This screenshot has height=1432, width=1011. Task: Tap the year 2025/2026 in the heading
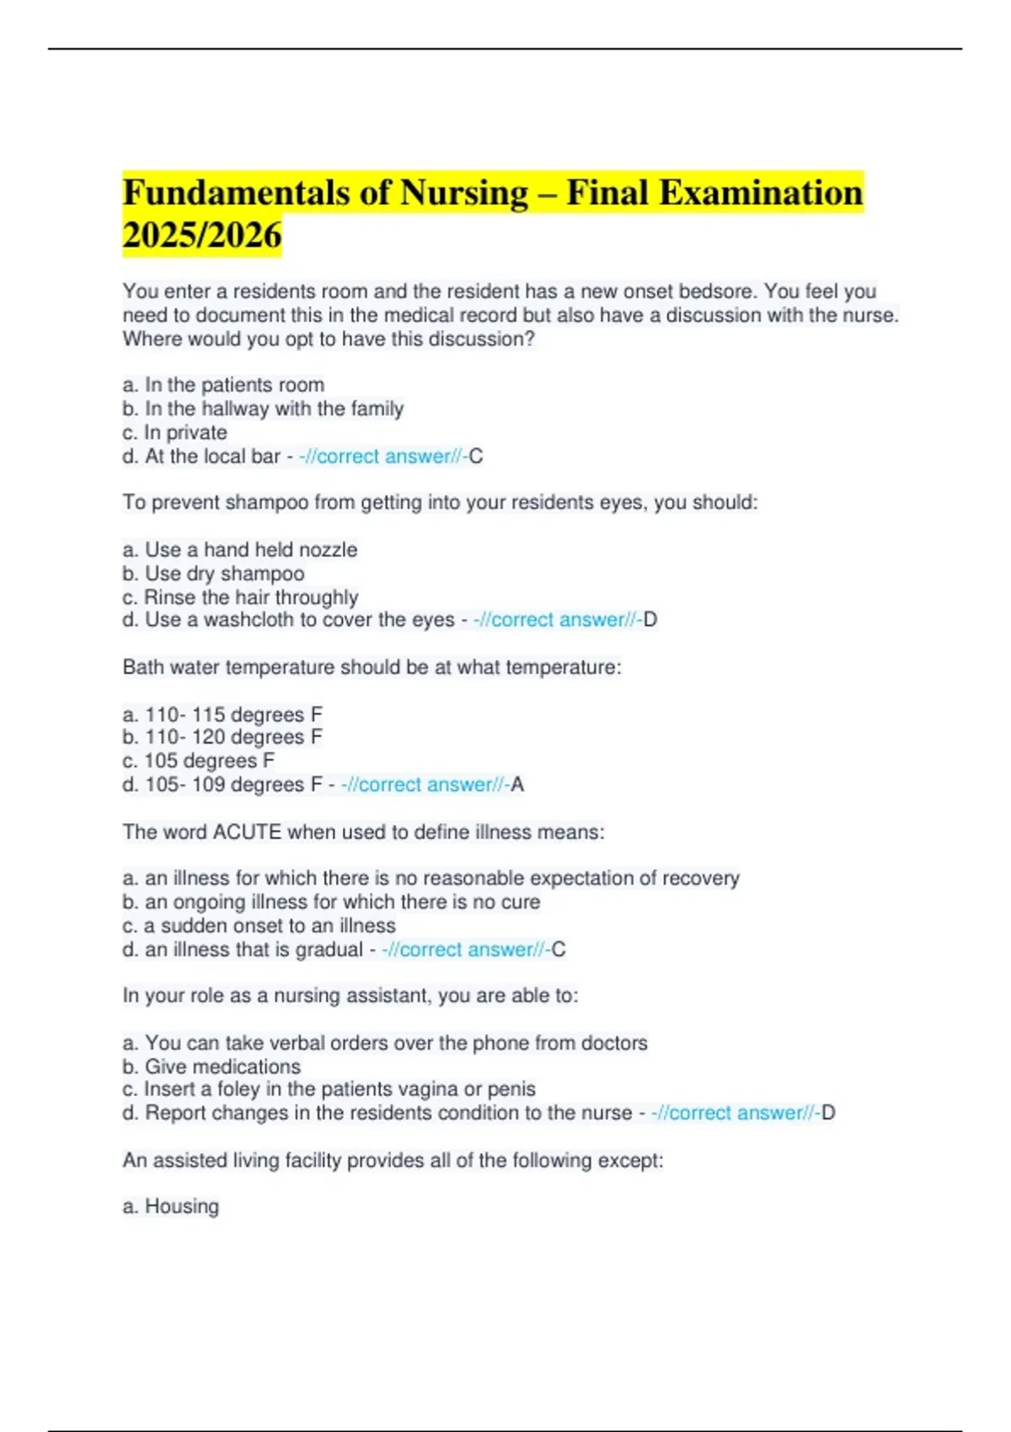click(x=202, y=236)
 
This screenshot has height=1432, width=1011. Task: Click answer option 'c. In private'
click(x=175, y=433)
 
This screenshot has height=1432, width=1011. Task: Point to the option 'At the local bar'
click(x=212, y=457)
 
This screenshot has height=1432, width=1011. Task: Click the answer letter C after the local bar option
click(x=476, y=457)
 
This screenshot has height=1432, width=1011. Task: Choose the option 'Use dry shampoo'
click(x=214, y=574)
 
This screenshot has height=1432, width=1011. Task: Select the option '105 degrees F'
click(x=199, y=761)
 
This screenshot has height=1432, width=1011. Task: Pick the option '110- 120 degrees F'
click(x=222, y=737)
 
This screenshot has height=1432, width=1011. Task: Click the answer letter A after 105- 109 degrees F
click(x=517, y=785)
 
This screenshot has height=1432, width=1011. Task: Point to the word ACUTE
click(x=247, y=832)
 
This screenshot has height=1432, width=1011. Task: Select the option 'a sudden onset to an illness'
click(x=259, y=926)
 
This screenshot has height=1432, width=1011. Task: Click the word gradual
click(x=329, y=949)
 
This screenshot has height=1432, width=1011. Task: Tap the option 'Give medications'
click(x=211, y=1066)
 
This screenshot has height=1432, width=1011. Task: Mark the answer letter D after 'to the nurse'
click(x=828, y=1113)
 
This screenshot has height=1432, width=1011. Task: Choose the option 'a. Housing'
click(x=171, y=1206)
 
